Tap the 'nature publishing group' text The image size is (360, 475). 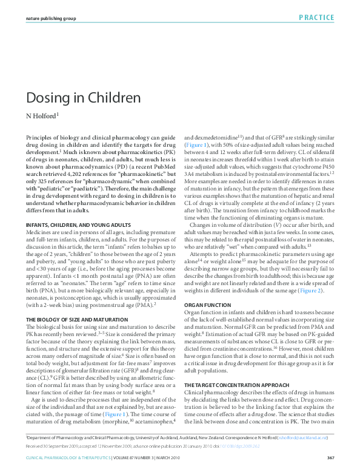50,18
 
